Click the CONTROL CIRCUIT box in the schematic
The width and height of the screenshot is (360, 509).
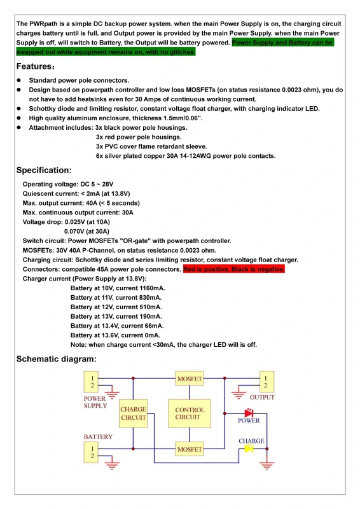(190, 414)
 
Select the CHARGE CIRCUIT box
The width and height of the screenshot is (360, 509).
(133, 414)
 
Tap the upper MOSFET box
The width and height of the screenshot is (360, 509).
(190, 379)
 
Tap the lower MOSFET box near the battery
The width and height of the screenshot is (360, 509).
(190, 449)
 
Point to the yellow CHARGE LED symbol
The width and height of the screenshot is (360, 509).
(249, 449)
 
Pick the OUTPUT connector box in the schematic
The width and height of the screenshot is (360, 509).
(265, 382)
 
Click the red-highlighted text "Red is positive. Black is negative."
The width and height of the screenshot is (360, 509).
(234, 269)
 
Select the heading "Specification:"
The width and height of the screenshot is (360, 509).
(44, 171)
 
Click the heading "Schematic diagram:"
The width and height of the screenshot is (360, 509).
(57, 359)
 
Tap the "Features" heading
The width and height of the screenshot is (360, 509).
(34, 67)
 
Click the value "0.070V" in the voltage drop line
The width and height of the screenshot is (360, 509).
(77, 232)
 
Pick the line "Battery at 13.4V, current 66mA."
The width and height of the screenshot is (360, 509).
(117, 326)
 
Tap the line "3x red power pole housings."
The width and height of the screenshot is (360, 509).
(139, 137)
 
